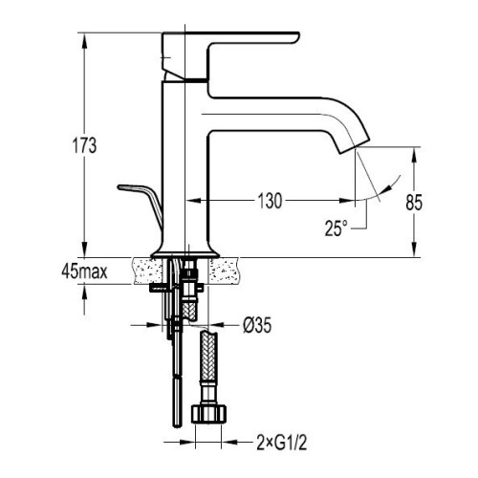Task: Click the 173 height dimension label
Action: pos(84,145)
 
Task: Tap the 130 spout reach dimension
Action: pos(270,201)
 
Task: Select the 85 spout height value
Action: pos(414,202)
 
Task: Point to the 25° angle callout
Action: pos(336,228)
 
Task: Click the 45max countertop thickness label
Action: pos(85,272)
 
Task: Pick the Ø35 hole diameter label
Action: pos(257,325)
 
